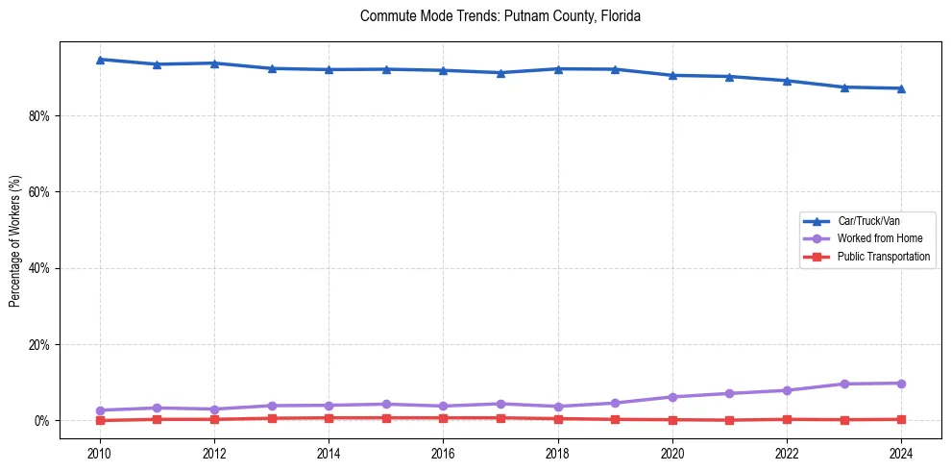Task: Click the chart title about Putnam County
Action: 500,16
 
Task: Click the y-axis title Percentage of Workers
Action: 14,240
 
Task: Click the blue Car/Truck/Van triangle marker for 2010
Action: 100,60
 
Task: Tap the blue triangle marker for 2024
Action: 901,88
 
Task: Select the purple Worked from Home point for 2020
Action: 672,397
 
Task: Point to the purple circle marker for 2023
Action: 844,384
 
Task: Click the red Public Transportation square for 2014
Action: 329,418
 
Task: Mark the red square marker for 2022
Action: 787,419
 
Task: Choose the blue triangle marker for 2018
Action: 558,69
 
